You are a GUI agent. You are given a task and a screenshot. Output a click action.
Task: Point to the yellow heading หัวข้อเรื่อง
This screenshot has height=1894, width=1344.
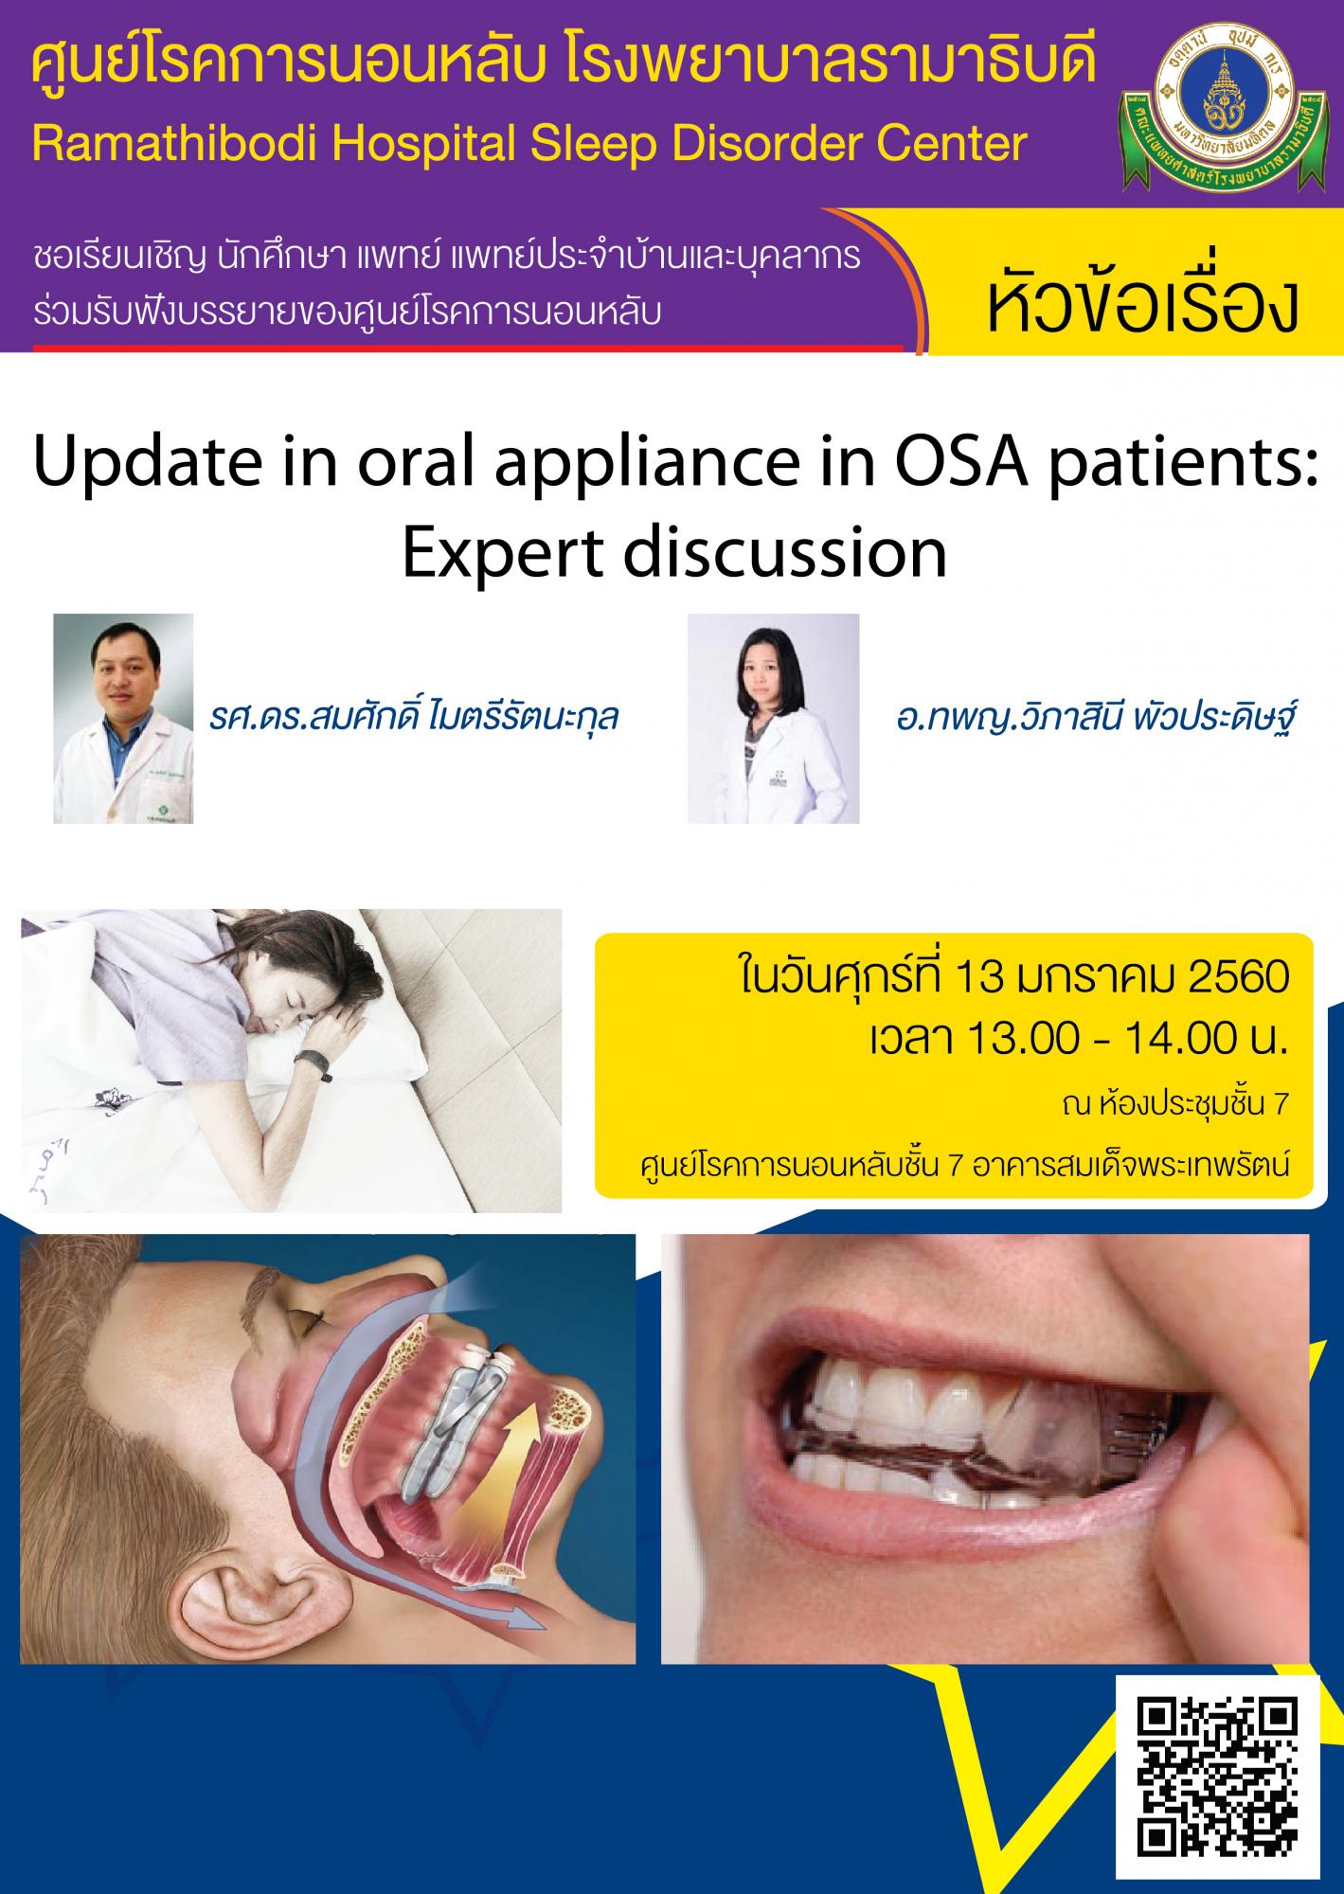click(x=1140, y=304)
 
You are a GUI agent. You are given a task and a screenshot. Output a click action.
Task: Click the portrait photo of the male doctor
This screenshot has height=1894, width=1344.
click(x=123, y=718)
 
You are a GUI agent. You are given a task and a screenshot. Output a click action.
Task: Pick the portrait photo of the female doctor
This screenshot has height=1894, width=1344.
click(x=773, y=718)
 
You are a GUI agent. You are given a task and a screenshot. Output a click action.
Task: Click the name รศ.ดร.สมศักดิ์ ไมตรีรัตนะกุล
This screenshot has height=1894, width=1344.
click(x=414, y=717)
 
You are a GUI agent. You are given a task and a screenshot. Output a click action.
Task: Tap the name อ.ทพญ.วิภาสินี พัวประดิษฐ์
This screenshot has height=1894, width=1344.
click(x=1095, y=717)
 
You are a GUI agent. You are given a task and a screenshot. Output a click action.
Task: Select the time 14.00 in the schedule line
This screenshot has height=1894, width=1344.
click(x=1173, y=1039)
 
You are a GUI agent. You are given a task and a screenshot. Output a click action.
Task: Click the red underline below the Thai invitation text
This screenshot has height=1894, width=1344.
click(x=468, y=348)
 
